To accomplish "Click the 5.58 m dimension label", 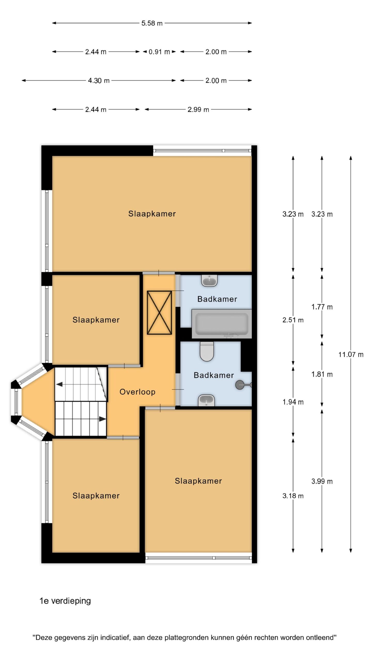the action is pyautogui.click(x=152, y=23).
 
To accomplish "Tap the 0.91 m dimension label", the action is pyautogui.click(x=159, y=52).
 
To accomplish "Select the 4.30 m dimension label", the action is pyautogui.click(x=99, y=81).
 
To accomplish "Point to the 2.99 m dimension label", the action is pyautogui.click(x=198, y=110).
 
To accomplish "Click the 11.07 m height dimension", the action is pyautogui.click(x=351, y=355).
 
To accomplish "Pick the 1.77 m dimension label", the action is pyautogui.click(x=322, y=307).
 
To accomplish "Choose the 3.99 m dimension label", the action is pyautogui.click(x=322, y=481).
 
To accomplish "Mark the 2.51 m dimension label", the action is pyautogui.click(x=293, y=320).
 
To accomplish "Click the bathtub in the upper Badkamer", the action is pyautogui.click(x=222, y=324).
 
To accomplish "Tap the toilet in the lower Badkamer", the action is pyautogui.click(x=207, y=351).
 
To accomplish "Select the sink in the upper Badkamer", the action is pyautogui.click(x=209, y=281).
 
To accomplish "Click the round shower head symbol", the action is pyautogui.click(x=240, y=385).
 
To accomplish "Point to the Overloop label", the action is pyautogui.click(x=137, y=392).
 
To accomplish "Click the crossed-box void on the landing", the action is pyautogui.click(x=159, y=313).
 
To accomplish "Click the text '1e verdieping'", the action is pyautogui.click(x=65, y=601).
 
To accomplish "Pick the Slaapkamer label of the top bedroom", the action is pyautogui.click(x=152, y=214).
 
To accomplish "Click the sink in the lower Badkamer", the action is pyautogui.click(x=206, y=400).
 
